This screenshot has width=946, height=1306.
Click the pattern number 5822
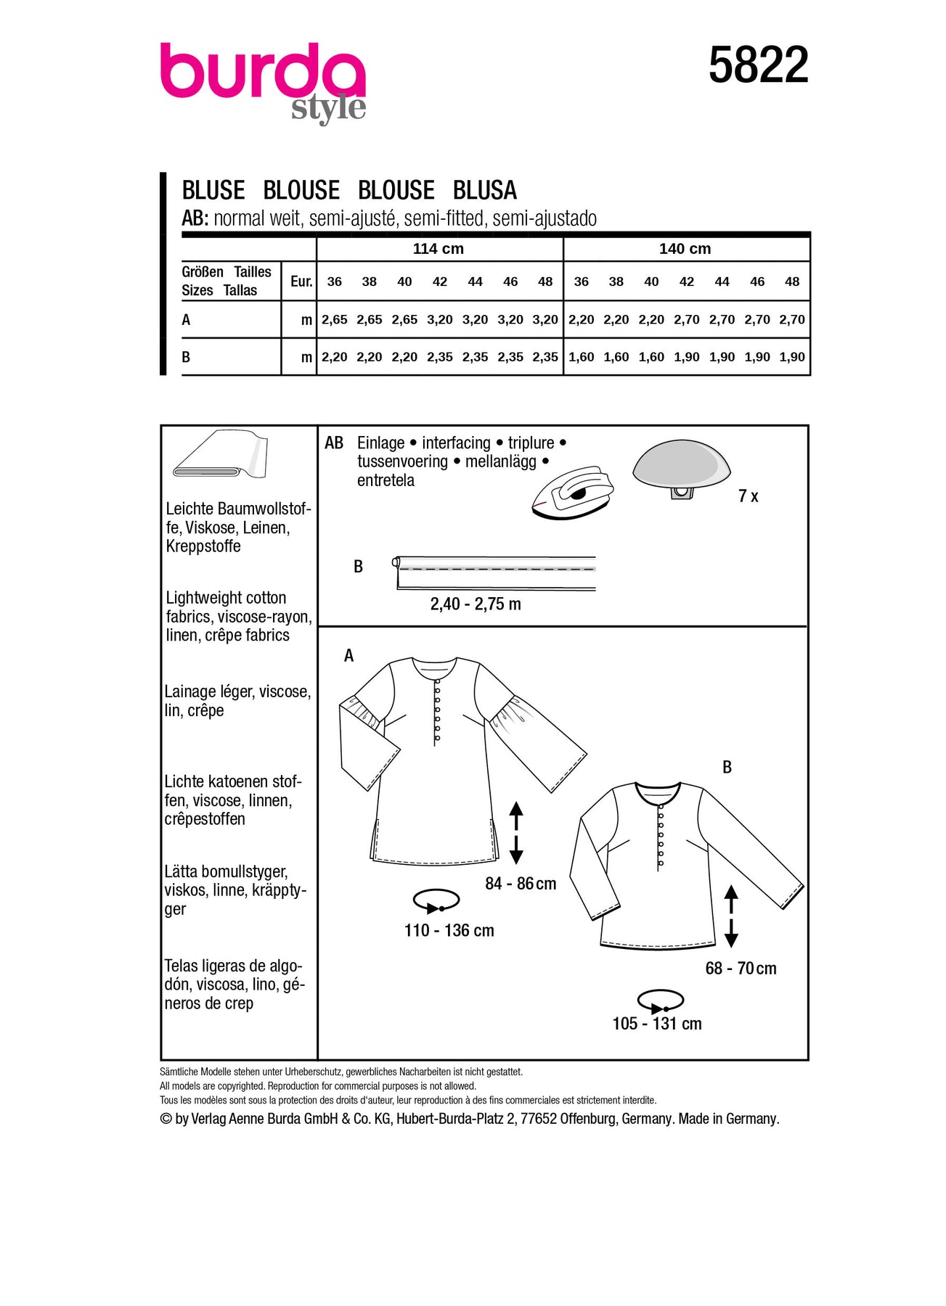pos(758,65)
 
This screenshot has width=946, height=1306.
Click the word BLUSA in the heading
pos(484,191)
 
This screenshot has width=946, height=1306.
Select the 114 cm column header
pos(438,249)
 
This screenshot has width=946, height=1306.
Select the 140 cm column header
pos(685,249)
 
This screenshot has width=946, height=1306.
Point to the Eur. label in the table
pos(301,282)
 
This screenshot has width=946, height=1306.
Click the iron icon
pos(573,493)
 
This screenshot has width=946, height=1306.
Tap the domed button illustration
pos(681,468)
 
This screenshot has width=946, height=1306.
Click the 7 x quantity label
pos(748,496)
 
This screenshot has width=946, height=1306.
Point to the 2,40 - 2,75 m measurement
pos(476,604)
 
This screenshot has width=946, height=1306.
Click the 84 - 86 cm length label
pos(521,884)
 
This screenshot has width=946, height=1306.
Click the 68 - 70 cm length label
pos(741,969)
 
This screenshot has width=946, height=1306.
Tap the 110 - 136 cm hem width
pos(449,930)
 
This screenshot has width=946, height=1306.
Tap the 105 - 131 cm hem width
pos(656,1024)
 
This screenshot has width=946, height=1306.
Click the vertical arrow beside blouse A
pos(516,832)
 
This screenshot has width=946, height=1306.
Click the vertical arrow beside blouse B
pos(731,916)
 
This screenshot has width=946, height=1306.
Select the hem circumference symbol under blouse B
pos(660,1001)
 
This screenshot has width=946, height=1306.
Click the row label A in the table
pos(187,320)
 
